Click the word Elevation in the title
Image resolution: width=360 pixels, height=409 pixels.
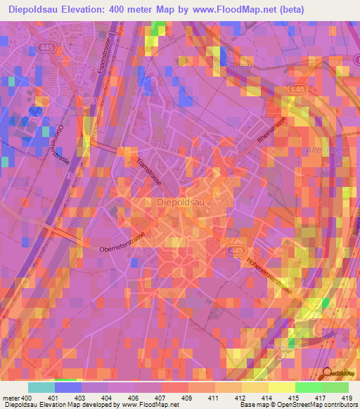coord(79,10)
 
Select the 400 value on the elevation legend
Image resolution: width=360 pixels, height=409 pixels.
coord(26,399)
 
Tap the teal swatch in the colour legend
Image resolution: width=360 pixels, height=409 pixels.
coord(41,387)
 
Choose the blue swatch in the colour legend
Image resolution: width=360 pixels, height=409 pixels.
coord(68,387)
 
